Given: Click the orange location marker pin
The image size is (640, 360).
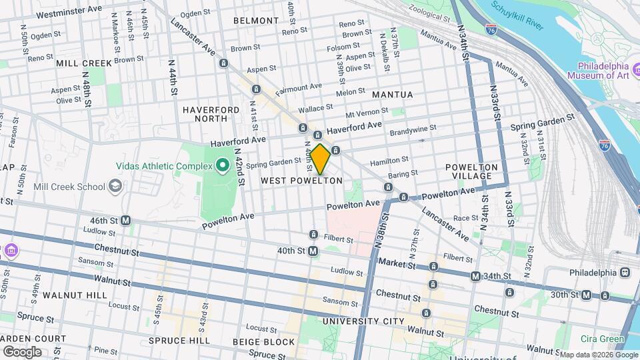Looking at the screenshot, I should [x=320, y=159].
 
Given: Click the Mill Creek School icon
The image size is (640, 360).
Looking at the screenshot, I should [x=116, y=185].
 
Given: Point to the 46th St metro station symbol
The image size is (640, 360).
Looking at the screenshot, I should [x=125, y=220].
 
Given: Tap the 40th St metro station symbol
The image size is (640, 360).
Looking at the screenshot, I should [x=313, y=251].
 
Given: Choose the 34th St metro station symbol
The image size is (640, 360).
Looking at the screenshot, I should [x=475, y=276].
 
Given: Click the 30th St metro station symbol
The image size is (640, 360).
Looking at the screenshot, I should [x=587, y=295].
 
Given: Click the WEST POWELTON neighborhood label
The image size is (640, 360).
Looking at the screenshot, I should [x=301, y=181].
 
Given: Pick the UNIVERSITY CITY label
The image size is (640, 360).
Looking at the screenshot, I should [x=363, y=321].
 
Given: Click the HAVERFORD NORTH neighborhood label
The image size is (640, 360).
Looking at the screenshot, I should [x=211, y=114].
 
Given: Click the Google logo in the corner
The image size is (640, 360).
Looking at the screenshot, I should [x=22, y=351].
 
